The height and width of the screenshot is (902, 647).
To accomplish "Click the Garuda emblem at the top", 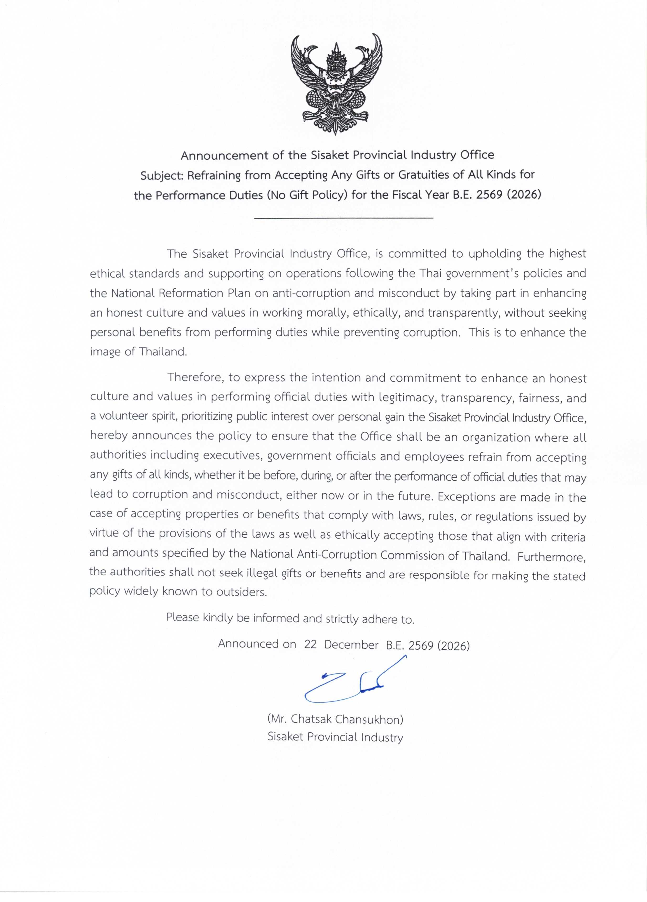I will click(x=336, y=84).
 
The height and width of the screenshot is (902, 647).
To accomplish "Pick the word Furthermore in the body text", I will click(x=552, y=557).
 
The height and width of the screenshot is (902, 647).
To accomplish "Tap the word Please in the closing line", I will click(x=182, y=617).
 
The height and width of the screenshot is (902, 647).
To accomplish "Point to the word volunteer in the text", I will click(x=125, y=416).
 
